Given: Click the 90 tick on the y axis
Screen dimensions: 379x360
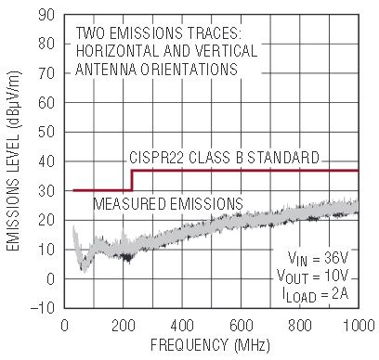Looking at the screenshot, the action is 46,15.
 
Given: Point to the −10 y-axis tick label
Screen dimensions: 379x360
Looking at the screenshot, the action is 43,308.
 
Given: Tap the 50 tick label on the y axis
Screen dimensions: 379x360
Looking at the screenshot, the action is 46,132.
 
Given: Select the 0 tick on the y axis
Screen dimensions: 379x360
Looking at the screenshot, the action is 50,279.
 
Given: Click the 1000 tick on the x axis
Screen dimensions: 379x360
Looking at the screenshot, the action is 359,326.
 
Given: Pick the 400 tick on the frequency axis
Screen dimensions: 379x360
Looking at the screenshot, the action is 182,326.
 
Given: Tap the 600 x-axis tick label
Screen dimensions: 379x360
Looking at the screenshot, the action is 242,326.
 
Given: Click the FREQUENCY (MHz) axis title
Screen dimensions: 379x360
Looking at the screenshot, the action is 210,344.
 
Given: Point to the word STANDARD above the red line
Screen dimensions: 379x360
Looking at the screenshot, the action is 283,158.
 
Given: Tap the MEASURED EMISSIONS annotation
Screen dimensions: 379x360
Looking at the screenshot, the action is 168,203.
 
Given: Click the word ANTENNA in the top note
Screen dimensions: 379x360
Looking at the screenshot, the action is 106,70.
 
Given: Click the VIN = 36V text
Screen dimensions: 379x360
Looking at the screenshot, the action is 319,259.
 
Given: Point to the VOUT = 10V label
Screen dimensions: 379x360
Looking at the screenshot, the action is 313,276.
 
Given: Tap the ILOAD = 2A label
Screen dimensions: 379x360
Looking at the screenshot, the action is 316,294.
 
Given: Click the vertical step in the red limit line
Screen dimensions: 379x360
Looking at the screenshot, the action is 132,180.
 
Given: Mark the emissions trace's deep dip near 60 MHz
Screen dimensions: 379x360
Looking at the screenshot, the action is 83,266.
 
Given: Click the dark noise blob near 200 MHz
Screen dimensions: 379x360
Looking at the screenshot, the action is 126,257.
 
